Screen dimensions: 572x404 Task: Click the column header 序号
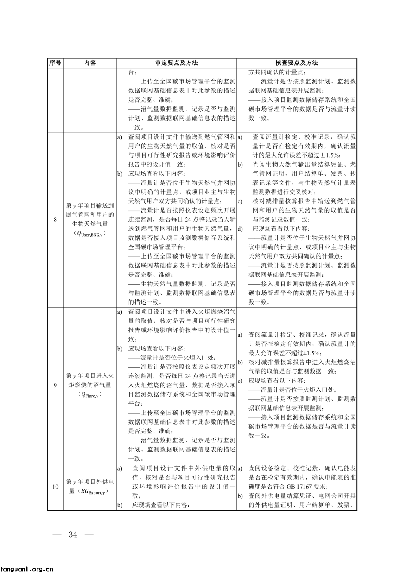55,63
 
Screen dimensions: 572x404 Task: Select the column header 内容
90,63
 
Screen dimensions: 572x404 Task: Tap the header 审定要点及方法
176,63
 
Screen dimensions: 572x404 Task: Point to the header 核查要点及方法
297,63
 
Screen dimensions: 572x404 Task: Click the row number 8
55,220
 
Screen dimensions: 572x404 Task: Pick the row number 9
55,385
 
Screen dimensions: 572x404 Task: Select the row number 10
55,487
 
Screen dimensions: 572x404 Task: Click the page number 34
73,534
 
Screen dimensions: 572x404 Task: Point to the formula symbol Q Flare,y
90,395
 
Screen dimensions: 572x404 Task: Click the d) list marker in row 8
240,229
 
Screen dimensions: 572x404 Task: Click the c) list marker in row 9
240,381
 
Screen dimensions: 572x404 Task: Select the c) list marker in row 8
240,201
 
